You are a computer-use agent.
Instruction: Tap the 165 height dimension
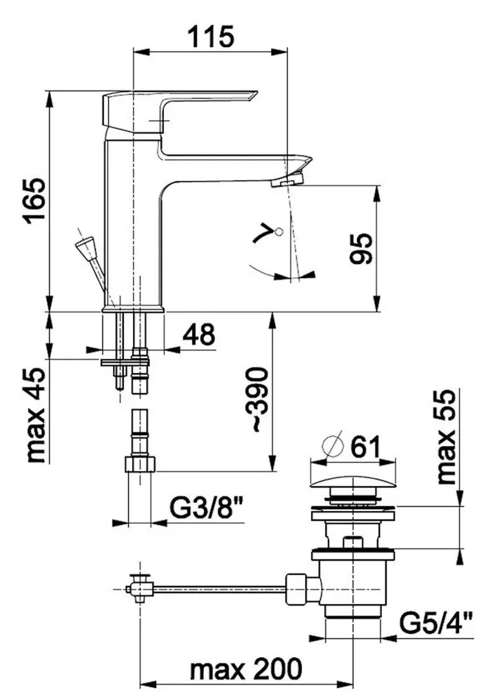(35, 201)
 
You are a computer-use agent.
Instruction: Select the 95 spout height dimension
(361, 248)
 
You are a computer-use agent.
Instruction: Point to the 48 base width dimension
(199, 334)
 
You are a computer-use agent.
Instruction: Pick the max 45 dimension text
(35, 415)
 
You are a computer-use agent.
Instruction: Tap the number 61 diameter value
(365, 447)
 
